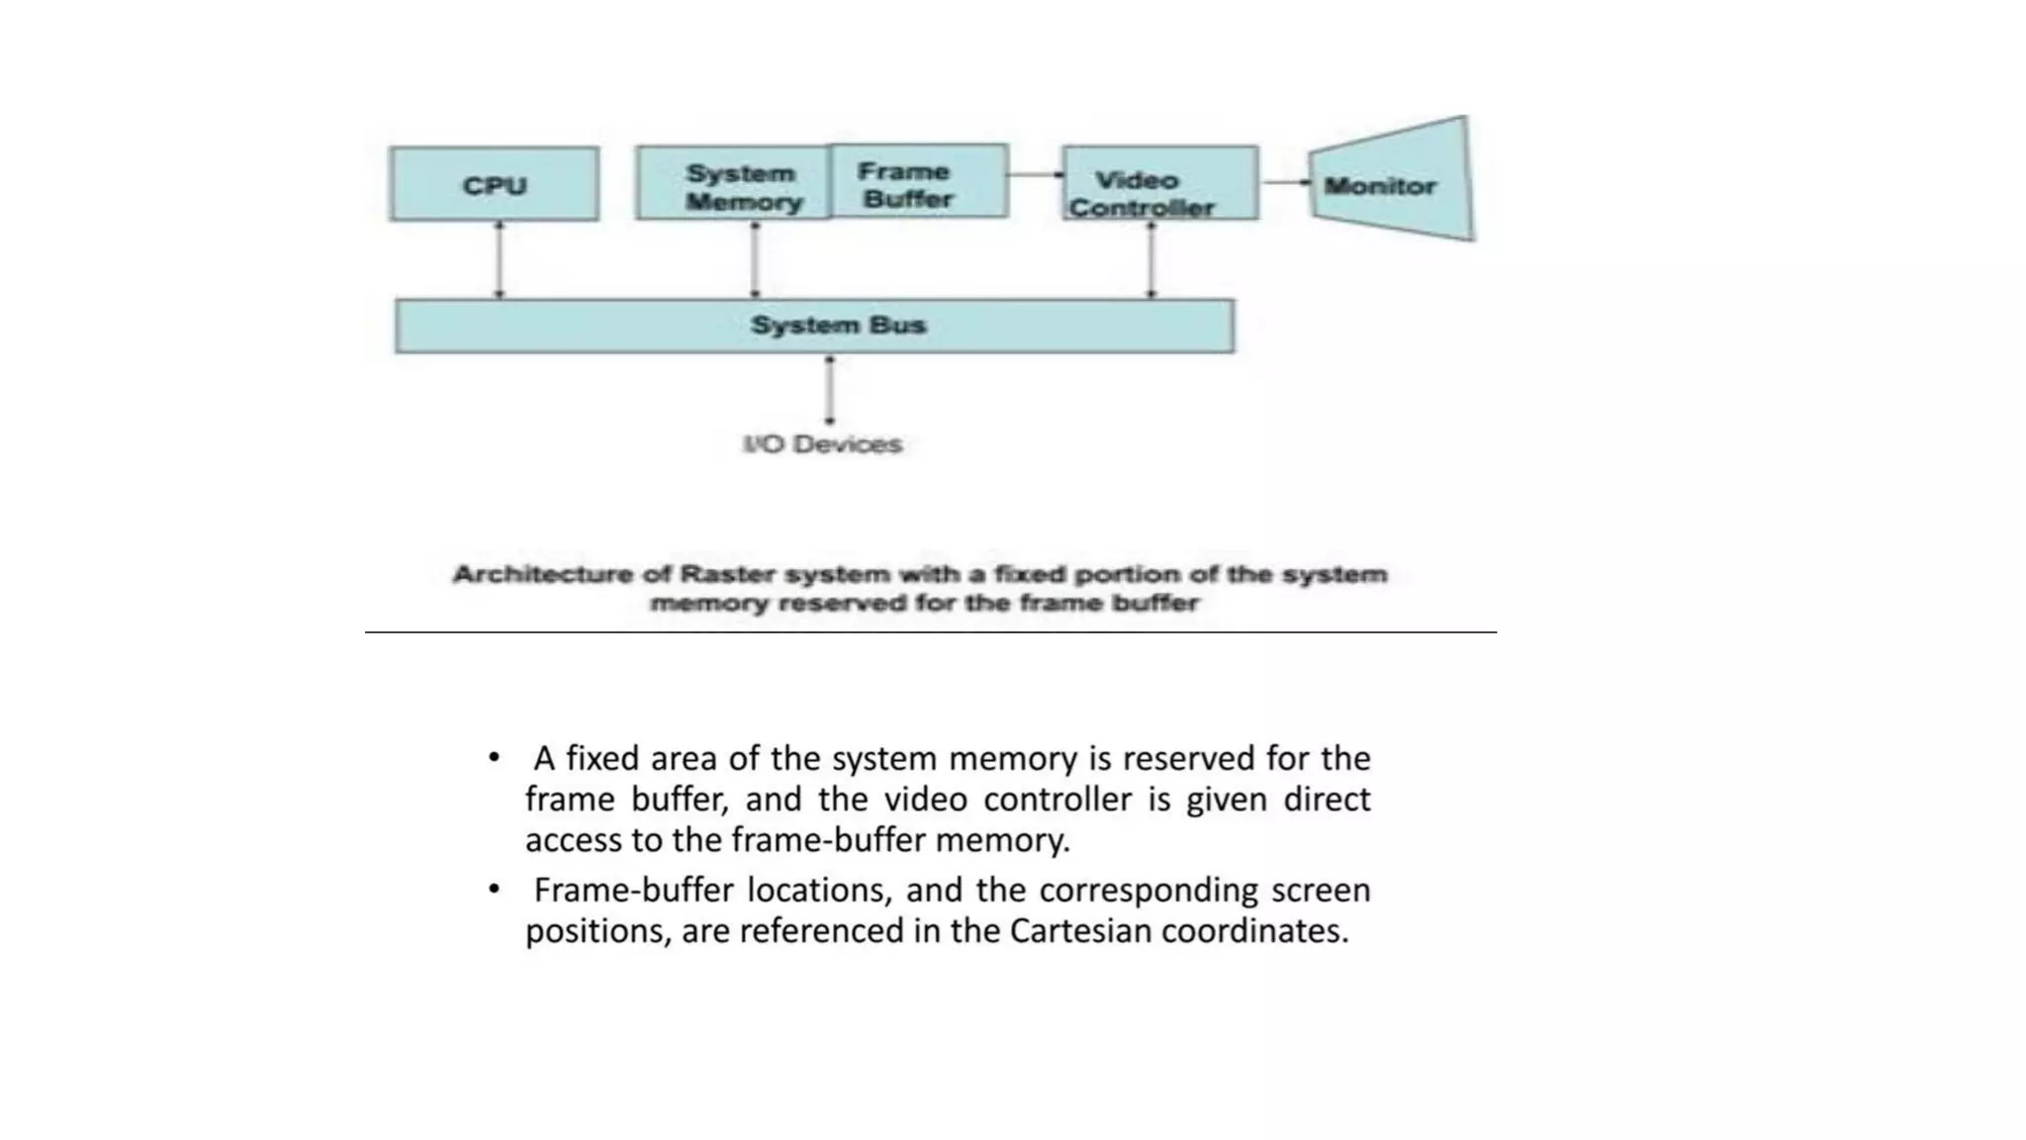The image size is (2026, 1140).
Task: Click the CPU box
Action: coord(494,184)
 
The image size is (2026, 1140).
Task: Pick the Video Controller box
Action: coord(1159,184)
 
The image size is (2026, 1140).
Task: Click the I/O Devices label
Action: coord(822,444)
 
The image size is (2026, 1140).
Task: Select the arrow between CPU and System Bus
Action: coord(499,259)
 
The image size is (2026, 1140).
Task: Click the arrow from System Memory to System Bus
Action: coord(755,259)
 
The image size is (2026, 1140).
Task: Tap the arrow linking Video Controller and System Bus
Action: coord(1151,259)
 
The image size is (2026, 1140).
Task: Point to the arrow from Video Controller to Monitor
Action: coord(1284,183)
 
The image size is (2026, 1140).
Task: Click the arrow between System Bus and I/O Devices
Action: coord(829,390)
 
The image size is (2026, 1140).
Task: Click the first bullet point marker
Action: coord(494,759)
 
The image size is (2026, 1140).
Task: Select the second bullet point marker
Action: coord(494,890)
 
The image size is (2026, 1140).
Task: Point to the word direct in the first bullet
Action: coord(1327,800)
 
